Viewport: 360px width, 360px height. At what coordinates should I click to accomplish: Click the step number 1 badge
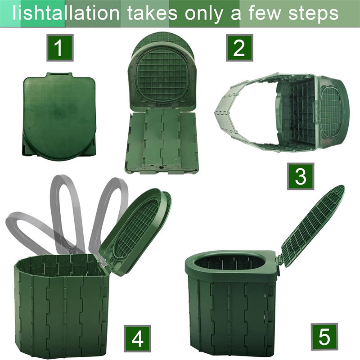pos(59,47)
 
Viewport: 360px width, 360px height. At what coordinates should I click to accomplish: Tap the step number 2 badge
pos(239,47)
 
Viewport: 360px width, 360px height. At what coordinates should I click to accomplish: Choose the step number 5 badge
pos(324,336)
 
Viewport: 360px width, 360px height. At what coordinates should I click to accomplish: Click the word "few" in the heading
pos(264,13)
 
